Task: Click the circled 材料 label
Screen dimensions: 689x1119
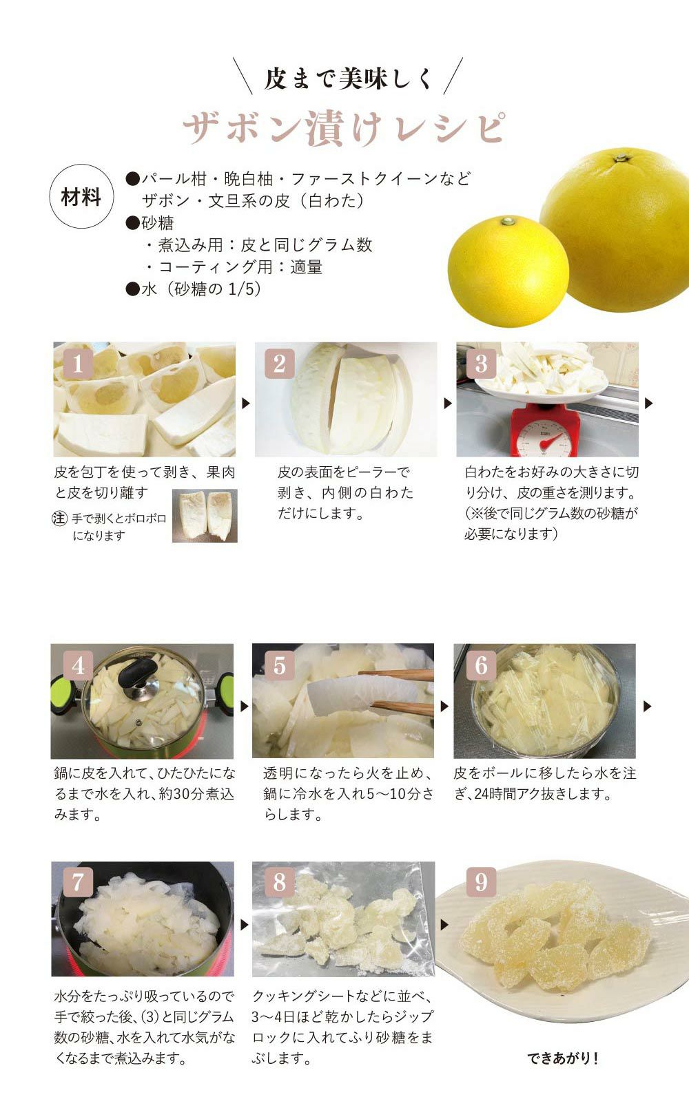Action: (x=81, y=196)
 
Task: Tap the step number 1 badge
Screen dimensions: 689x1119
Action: (x=77, y=364)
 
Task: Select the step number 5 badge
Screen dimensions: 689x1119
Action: (x=279, y=666)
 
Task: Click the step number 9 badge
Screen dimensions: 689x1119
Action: (x=481, y=882)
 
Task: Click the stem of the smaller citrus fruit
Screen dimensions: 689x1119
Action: (x=508, y=221)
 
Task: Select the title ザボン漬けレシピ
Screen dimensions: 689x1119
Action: (x=344, y=127)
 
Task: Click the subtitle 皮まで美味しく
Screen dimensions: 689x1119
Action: (x=347, y=78)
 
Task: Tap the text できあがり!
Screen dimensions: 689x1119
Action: (x=562, y=1058)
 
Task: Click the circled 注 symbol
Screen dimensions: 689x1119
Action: (x=59, y=518)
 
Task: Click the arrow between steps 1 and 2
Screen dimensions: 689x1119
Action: (x=245, y=403)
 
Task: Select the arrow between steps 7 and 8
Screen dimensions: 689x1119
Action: (x=245, y=925)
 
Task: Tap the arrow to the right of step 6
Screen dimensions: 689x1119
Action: (x=647, y=706)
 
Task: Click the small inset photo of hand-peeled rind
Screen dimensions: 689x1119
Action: (x=205, y=516)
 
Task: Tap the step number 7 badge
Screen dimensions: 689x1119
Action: (x=77, y=882)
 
